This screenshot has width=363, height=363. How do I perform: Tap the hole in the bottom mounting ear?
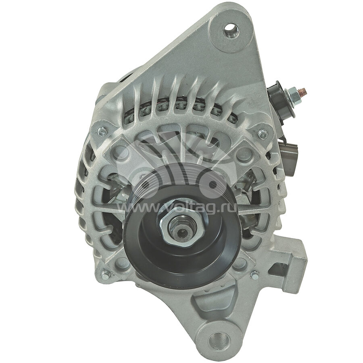click(x=219, y=340)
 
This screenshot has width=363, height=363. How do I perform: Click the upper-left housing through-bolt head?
click(x=102, y=132)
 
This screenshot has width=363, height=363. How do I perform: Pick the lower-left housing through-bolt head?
click(x=105, y=275)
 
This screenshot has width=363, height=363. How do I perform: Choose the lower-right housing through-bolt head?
click(x=255, y=275)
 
